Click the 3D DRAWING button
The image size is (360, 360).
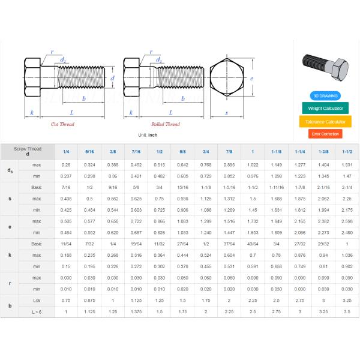pos(325,96)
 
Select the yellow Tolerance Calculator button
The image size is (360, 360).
pos(325,121)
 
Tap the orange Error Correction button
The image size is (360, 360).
pos(325,134)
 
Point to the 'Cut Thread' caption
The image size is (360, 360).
pos(62,124)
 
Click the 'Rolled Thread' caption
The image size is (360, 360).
pos(165,124)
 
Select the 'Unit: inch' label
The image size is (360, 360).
pos(147,135)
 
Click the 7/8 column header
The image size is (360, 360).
pos(229,152)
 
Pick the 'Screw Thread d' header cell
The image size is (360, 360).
pos(28,151)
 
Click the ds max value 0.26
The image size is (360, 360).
pos(66,164)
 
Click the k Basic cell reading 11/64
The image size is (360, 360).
pos(66,244)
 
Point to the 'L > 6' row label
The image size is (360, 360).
pos(37,311)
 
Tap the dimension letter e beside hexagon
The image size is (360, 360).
pos(253,79)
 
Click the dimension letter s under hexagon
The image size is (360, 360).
pos(227,113)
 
